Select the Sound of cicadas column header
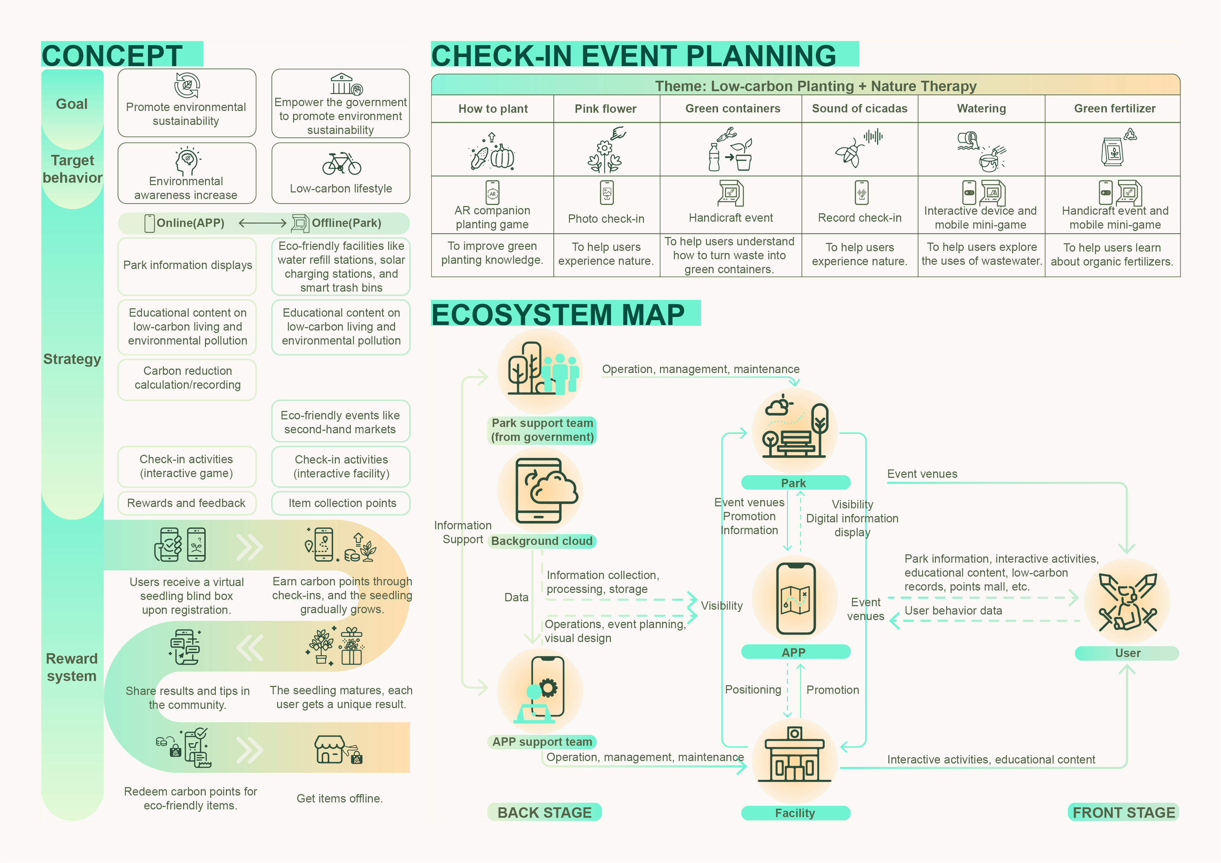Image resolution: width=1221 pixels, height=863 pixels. click(859, 109)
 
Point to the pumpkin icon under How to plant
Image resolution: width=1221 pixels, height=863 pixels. click(502, 156)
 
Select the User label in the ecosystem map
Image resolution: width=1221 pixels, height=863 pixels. click(1127, 653)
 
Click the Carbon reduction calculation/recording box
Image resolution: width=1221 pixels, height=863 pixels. click(187, 378)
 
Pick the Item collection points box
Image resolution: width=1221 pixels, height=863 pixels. click(341, 503)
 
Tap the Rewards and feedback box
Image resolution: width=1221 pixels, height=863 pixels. click(187, 503)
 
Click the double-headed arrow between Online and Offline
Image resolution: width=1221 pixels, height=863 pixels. click(263, 223)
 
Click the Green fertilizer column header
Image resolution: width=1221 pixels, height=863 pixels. click(1114, 109)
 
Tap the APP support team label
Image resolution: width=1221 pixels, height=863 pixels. click(542, 742)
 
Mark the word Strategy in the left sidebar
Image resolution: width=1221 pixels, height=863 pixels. click(72, 359)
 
